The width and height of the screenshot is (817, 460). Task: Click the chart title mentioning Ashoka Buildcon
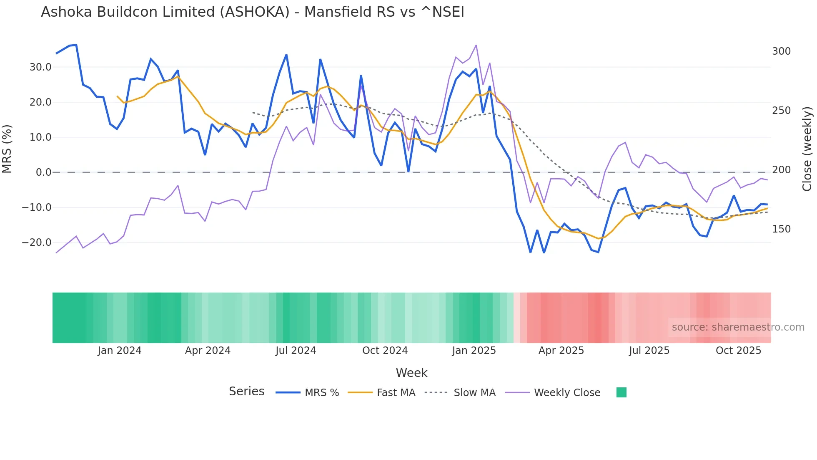(252, 12)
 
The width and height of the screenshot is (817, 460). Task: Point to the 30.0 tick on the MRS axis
(40, 67)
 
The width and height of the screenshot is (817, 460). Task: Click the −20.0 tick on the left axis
(37, 243)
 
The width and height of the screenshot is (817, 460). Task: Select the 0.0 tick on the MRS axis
(43, 172)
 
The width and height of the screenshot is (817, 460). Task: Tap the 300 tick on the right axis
(781, 51)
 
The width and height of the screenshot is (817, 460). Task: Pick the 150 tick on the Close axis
(781, 229)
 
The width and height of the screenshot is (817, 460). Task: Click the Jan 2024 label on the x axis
(120, 351)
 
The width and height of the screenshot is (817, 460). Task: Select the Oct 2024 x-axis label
(385, 351)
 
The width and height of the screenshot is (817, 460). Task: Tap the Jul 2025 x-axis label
(649, 351)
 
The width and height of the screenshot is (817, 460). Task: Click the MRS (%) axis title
(7, 149)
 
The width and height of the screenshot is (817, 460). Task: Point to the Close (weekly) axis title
(807, 149)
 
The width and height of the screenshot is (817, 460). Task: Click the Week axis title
(411, 373)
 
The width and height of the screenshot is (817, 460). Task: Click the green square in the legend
(621, 393)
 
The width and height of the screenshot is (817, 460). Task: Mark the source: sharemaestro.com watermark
(738, 327)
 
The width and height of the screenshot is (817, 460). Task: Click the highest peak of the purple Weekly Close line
(476, 45)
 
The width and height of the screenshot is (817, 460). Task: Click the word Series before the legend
(246, 392)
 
